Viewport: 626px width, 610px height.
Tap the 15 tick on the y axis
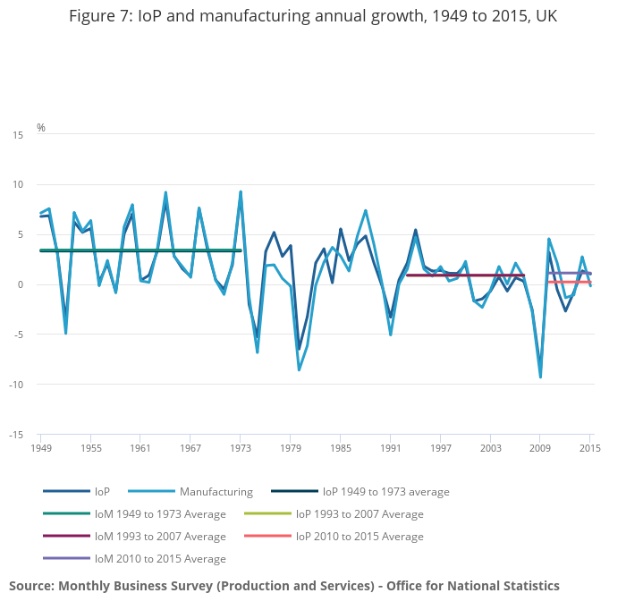pos(18,135)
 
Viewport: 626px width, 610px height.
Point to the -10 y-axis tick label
pos(15,385)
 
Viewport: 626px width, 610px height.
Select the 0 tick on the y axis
pos(21,285)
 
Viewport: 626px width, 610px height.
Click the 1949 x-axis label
pos(40,447)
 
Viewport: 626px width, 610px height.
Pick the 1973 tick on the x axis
pos(241,447)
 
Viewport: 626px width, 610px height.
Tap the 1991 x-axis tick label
pos(390,447)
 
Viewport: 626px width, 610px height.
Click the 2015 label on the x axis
pos(590,447)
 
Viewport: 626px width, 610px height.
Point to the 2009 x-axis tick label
pos(540,447)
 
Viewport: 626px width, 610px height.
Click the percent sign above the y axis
pos(41,128)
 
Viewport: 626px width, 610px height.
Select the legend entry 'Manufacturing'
pos(216,491)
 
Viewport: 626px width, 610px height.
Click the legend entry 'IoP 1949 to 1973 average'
pos(385,491)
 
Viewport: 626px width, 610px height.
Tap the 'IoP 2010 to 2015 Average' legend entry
pos(360,536)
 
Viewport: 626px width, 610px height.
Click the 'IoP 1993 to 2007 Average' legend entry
pos(360,513)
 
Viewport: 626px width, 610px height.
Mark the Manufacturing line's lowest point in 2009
pos(540,377)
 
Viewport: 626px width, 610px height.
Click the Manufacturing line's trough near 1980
pos(299,370)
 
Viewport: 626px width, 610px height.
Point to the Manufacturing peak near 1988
pos(366,210)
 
